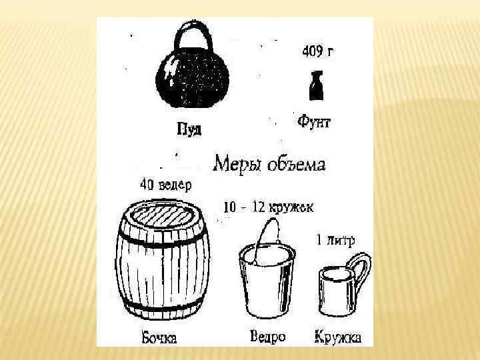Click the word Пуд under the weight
pyautogui.click(x=189, y=129)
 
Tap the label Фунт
pyautogui.click(x=314, y=121)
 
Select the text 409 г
pyautogui.click(x=317, y=51)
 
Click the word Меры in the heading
pyautogui.click(x=237, y=164)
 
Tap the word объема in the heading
pyautogui.click(x=296, y=165)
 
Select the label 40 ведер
pyautogui.click(x=166, y=185)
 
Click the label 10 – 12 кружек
pyautogui.click(x=269, y=207)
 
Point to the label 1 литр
pyautogui.click(x=335, y=240)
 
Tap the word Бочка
pyautogui.click(x=159, y=338)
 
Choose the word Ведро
pyautogui.click(x=268, y=336)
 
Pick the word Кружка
pyautogui.click(x=338, y=337)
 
